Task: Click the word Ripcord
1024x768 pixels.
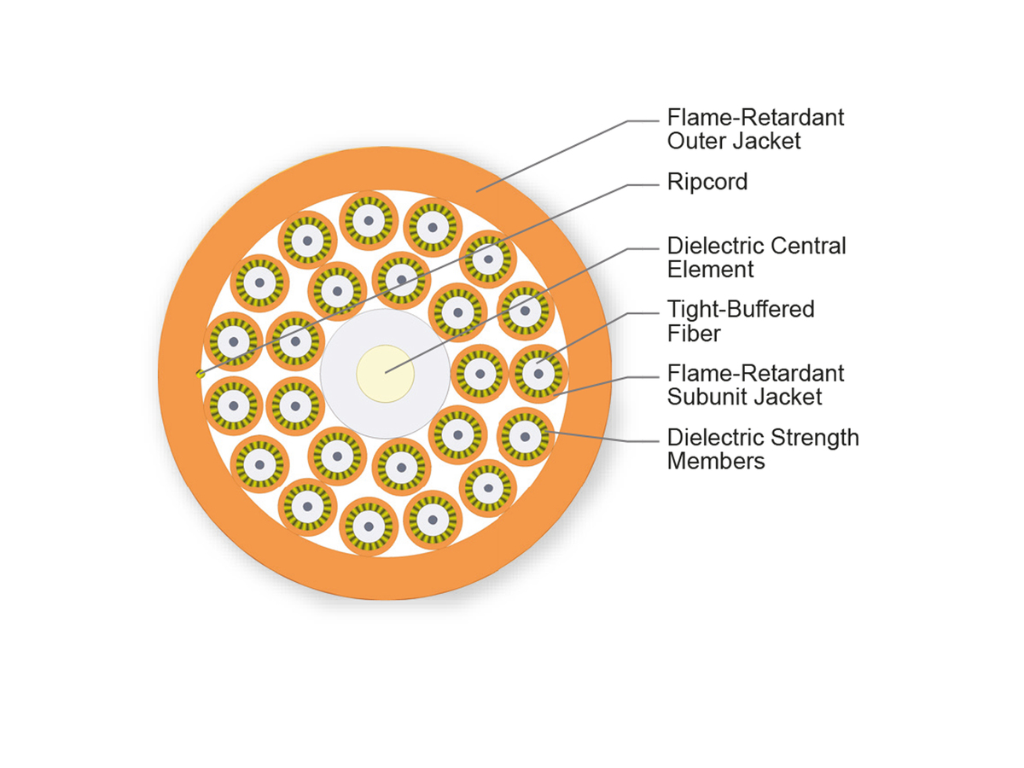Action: coord(707,182)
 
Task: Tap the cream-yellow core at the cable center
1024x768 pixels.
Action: coord(385,374)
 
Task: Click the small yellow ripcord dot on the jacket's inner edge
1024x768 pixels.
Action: coord(201,374)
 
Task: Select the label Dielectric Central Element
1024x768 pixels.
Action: coord(756,258)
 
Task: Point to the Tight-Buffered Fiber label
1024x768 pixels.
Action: coord(741,322)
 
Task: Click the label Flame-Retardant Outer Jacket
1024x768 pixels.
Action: coord(755,129)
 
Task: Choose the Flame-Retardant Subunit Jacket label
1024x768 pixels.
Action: coord(755,385)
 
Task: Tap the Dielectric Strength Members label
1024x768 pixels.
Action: coord(763,449)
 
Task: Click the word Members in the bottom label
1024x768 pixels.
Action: coord(716,461)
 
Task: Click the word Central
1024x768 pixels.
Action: coord(808,246)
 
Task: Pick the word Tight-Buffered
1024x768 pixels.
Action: coord(741,309)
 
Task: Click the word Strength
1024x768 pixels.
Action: coord(814,438)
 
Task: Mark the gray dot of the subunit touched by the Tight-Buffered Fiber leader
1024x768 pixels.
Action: coord(538,374)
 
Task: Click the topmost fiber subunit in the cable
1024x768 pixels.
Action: coord(369,220)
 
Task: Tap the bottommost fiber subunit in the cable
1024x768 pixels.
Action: coord(369,527)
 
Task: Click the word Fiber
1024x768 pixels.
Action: coord(693,334)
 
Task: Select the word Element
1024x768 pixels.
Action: coord(710,270)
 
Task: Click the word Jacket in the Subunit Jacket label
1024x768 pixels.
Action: coord(788,397)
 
